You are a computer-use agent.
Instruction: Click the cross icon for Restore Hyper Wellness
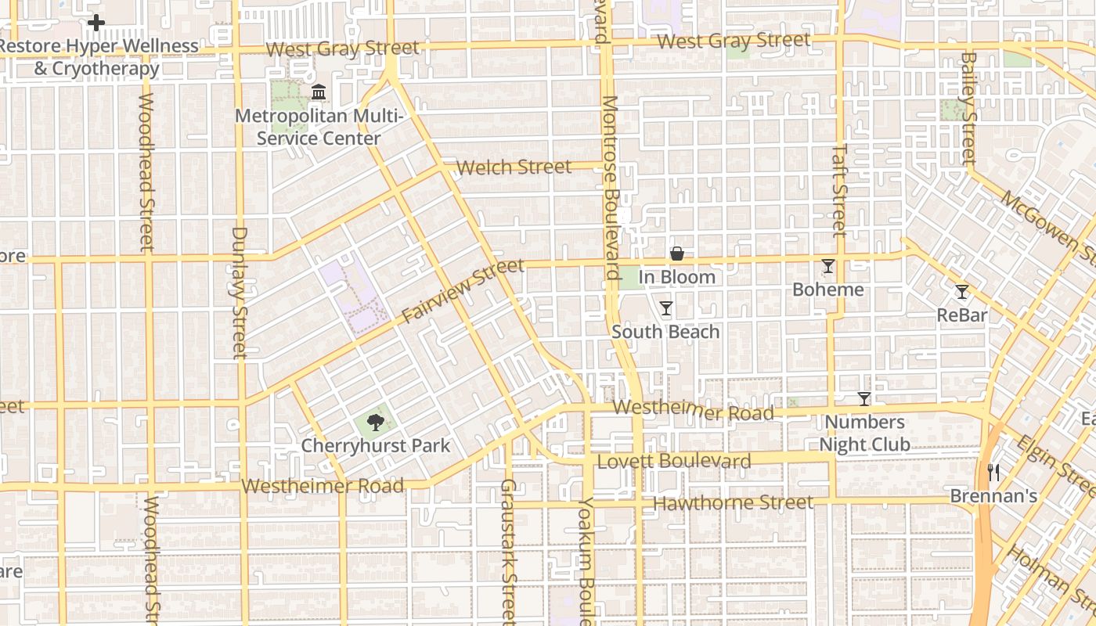point(96,23)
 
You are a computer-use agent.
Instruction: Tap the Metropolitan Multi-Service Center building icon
point(319,93)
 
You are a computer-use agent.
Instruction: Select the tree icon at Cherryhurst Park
point(376,423)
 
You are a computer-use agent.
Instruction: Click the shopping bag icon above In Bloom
point(677,254)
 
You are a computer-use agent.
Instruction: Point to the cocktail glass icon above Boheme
point(828,266)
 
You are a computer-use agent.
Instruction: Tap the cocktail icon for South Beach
point(665,308)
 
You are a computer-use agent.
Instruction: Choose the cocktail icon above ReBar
point(962,292)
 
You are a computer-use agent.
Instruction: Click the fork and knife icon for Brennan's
point(993,472)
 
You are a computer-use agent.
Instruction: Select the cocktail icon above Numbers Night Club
point(863,399)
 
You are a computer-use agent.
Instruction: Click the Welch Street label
point(514,167)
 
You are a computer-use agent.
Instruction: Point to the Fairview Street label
point(462,291)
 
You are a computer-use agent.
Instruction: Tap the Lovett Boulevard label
point(674,461)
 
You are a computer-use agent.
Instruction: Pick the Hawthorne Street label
point(733,502)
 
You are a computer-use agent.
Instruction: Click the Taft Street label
point(839,189)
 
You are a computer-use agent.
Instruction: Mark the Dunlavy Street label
point(240,292)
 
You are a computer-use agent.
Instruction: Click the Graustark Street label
point(508,552)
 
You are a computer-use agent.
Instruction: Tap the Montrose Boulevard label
point(610,188)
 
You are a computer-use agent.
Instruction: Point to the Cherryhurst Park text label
point(376,446)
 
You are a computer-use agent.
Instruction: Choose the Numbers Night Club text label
point(864,434)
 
